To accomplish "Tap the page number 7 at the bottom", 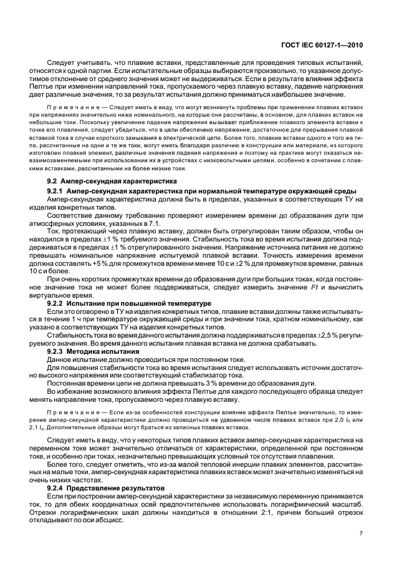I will pos(361,533).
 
